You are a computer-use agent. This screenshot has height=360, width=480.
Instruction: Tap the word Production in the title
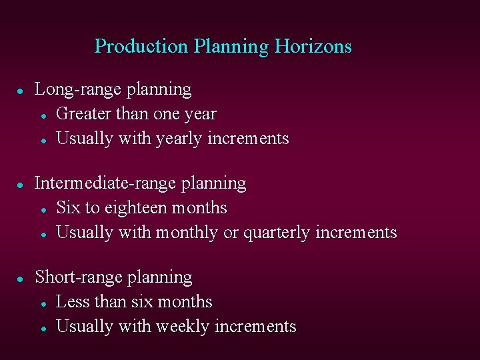141,47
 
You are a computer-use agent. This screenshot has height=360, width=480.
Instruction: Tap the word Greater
84,115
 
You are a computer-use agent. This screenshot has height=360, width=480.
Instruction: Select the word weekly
181,327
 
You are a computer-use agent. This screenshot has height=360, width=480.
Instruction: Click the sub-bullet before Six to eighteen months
42,209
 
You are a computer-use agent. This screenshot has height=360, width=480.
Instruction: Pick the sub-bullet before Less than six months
42,303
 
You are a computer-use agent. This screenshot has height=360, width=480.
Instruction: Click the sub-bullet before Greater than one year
42,115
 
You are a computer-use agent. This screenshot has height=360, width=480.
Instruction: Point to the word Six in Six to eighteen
69,208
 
